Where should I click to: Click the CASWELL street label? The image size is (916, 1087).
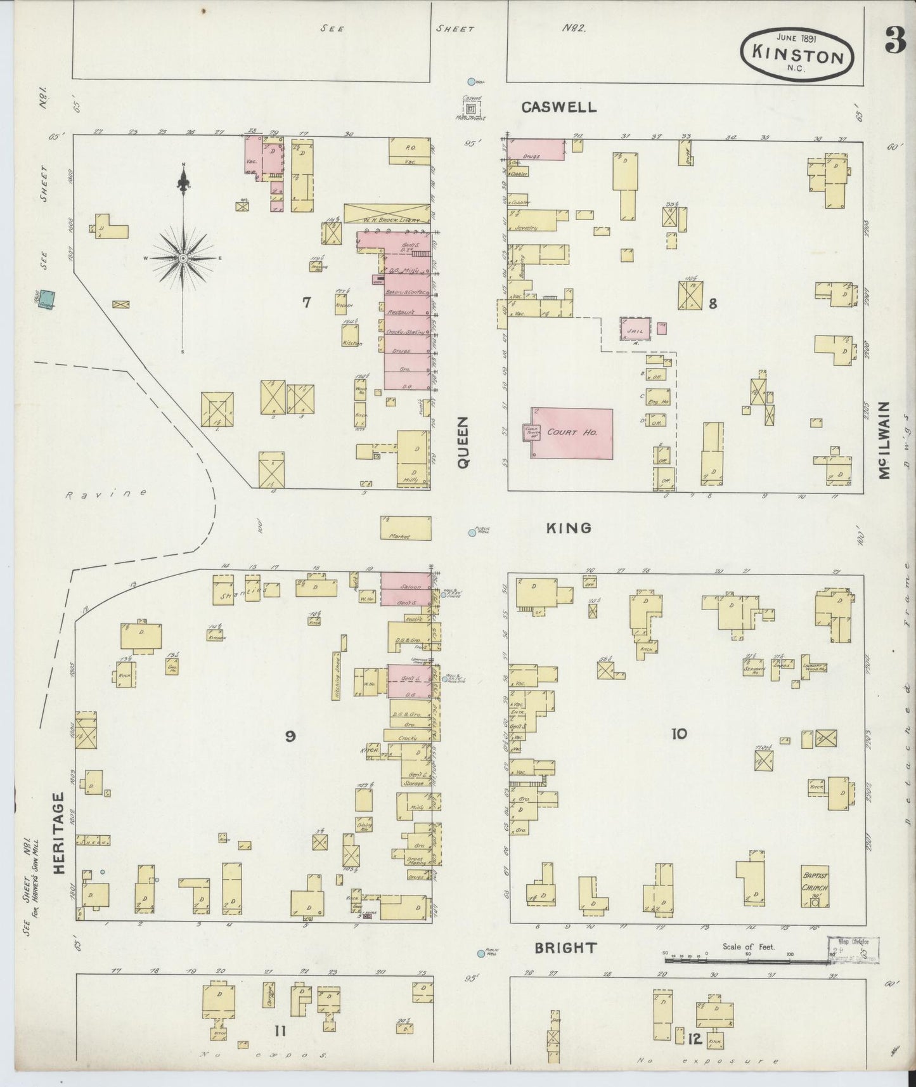click(558, 107)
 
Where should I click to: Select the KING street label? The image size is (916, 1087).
click(569, 528)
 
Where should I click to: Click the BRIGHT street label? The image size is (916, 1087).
click(565, 948)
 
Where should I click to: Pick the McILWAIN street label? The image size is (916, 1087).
click(886, 439)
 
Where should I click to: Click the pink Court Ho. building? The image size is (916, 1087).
click(572, 433)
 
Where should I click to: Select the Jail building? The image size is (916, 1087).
click(635, 330)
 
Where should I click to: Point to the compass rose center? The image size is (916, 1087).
click(183, 258)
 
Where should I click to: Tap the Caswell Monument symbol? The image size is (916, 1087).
click(470, 109)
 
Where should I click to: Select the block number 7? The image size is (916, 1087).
click(306, 303)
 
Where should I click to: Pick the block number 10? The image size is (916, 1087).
click(678, 734)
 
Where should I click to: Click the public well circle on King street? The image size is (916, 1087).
click(472, 533)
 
